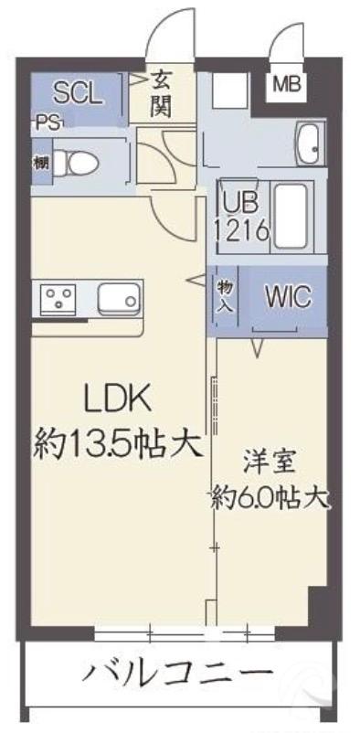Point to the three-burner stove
[61, 299]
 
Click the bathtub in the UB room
[293, 212]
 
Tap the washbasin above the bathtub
[308, 143]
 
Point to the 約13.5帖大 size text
[117, 445]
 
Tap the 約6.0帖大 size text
[270, 499]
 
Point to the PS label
[48, 122]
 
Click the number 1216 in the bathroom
[241, 229]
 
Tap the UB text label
[236, 204]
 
